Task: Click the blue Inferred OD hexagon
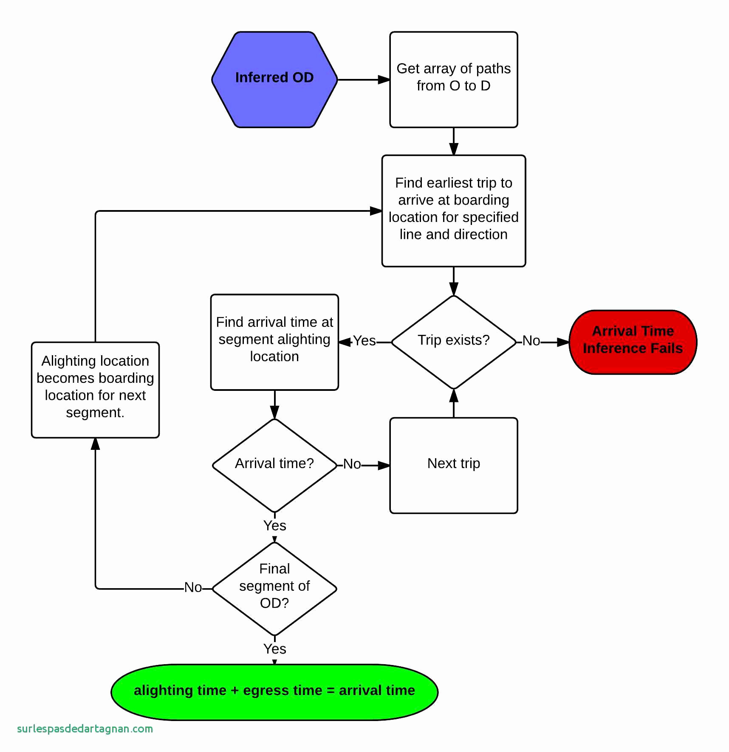click(274, 79)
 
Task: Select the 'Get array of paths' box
click(453, 79)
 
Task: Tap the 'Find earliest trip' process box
click(453, 210)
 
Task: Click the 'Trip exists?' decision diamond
click(453, 342)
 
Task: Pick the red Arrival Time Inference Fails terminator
click(633, 342)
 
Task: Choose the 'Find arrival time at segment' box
click(274, 342)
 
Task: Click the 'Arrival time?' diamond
click(274, 465)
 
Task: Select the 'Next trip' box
click(453, 465)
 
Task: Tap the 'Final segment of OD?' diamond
click(274, 588)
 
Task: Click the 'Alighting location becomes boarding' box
click(95, 390)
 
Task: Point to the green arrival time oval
click(274, 692)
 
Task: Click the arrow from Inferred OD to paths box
click(364, 79)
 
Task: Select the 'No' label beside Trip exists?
click(531, 341)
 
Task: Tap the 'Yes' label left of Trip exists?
click(364, 341)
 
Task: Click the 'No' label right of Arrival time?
click(352, 464)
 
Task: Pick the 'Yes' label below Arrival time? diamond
click(274, 526)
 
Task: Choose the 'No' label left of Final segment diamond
click(193, 588)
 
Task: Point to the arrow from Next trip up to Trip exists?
click(453, 403)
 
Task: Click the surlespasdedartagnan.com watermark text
click(85, 729)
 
